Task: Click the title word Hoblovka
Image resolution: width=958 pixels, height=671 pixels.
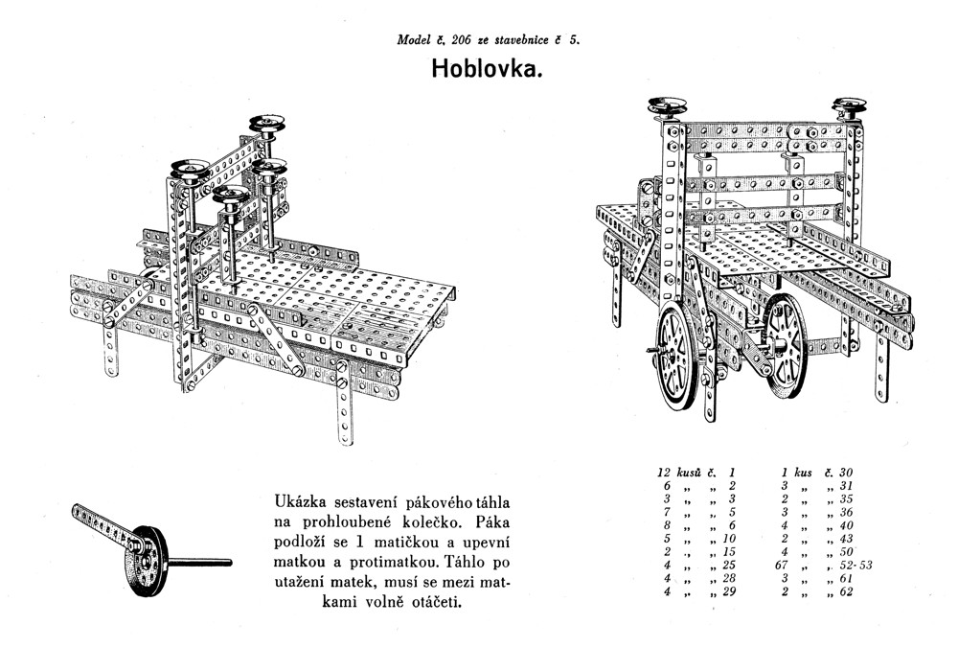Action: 487,70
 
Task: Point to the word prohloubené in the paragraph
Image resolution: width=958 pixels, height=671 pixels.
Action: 370,521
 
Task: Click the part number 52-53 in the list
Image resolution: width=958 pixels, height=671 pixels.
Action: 847,566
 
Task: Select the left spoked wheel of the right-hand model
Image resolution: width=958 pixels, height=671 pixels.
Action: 681,369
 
